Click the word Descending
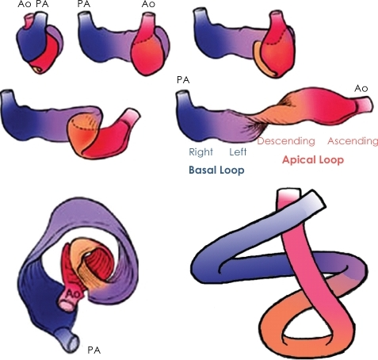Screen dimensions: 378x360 click(286, 141)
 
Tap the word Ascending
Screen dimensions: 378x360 click(353, 141)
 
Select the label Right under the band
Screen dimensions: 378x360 click(200, 152)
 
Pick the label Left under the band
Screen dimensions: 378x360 click(238, 152)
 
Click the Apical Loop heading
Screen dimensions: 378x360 click(313, 159)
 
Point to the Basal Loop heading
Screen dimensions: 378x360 click(216, 170)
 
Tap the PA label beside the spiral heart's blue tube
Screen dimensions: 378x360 click(94, 350)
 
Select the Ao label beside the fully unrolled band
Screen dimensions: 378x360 click(361, 88)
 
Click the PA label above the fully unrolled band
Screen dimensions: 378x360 click(183, 80)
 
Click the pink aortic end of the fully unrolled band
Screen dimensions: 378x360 click(365, 105)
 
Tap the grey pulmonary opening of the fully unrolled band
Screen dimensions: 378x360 click(183, 94)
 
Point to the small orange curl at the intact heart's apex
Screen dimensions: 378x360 click(37, 69)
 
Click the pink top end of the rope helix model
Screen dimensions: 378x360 click(288, 197)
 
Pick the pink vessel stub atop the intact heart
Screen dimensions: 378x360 click(29, 20)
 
